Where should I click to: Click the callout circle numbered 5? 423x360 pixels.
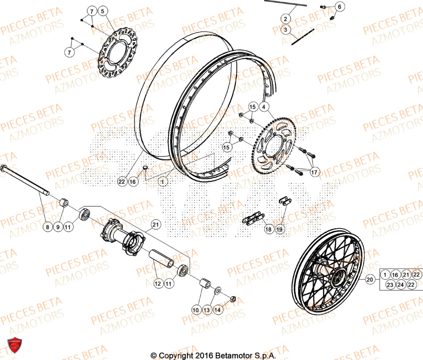point(104,11)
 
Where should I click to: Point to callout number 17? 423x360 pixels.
point(314,172)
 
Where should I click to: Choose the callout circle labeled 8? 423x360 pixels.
point(48,227)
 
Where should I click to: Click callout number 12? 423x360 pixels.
point(157,284)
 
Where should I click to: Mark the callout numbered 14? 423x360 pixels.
point(217,310)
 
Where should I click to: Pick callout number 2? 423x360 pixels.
point(285,19)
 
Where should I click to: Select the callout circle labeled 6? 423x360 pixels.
point(340,7)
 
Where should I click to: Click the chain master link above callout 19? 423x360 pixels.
point(283,201)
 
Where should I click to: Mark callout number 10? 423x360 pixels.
point(195,310)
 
